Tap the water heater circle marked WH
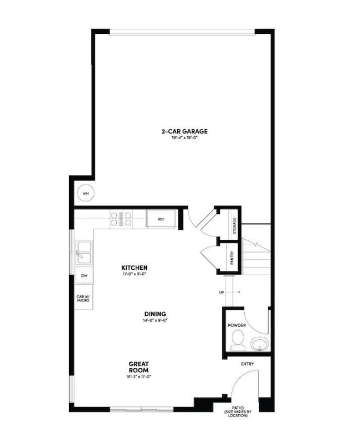85,193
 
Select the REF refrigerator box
161,219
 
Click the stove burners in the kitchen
121,219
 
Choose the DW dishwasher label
84,275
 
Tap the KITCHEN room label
135,268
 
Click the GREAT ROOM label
138,367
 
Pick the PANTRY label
232,258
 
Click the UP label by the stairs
222,292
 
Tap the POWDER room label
236,325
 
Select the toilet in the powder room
238,340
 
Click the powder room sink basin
259,345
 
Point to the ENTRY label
247,364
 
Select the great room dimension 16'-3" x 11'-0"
138,376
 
